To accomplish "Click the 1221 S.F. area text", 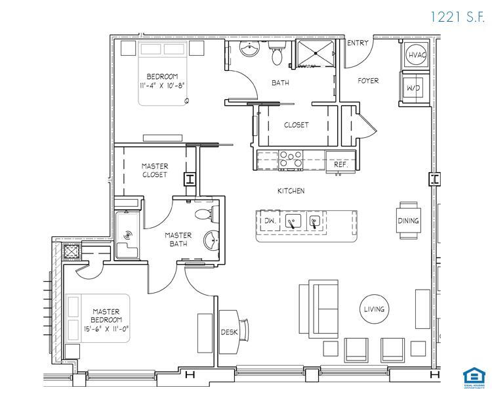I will coord(457,17).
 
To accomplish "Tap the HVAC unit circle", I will coord(417,56).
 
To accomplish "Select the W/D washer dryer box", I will coord(414,88).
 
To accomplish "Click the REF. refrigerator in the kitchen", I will coord(340,165).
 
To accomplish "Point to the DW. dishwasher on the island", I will coord(269,221).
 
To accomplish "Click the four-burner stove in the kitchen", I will coord(291,160).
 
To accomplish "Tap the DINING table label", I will coord(408,221).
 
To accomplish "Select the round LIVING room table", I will coord(375,309).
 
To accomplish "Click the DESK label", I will coord(228,332).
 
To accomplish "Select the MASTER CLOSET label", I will coord(155,171).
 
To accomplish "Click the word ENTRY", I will coord(358,43).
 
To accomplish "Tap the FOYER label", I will coord(368,81).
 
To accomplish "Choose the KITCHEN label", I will coord(291,191).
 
